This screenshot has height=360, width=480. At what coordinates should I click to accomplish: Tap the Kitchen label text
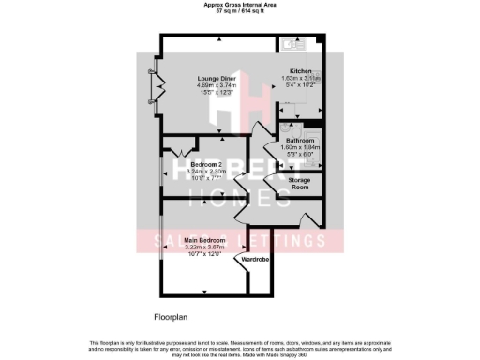click(x=301, y=71)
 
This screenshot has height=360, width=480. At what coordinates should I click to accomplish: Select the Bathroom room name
click(x=301, y=139)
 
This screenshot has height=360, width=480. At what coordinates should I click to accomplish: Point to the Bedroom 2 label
click(x=193, y=164)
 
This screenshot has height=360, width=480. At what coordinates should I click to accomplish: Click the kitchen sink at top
click(x=287, y=43)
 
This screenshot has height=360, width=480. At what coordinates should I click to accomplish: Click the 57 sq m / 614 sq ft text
click(x=240, y=12)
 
